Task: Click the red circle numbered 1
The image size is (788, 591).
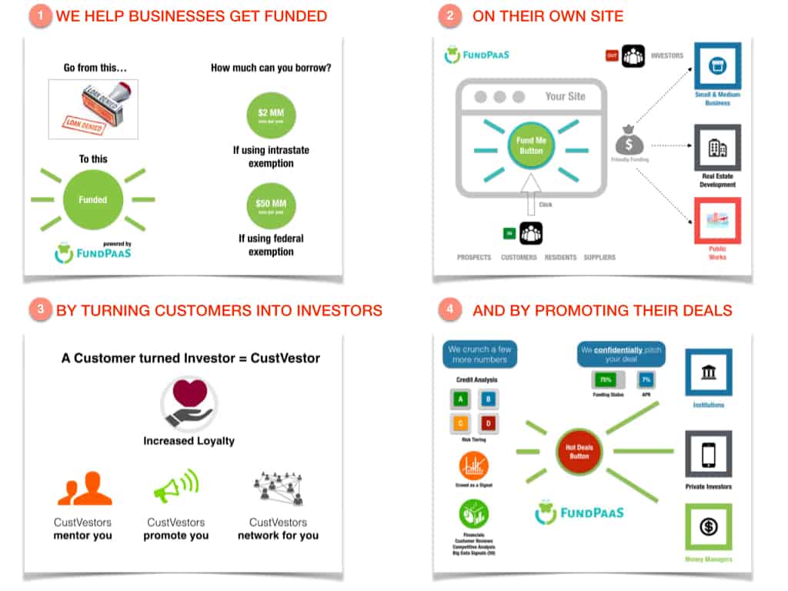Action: [x=40, y=16]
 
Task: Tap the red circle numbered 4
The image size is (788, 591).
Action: [x=450, y=310]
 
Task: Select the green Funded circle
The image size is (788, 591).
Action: [x=92, y=199]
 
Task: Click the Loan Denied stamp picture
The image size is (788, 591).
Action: [x=93, y=110]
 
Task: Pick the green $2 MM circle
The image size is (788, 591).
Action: [x=271, y=115]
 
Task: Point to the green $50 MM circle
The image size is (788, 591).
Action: [x=271, y=205]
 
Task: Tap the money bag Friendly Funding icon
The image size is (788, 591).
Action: [x=629, y=142]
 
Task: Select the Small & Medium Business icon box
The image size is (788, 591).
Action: [x=717, y=67]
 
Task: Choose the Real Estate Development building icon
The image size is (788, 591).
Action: [x=717, y=148]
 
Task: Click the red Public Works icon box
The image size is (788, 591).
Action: [x=717, y=221]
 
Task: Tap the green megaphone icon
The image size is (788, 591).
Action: [x=176, y=486]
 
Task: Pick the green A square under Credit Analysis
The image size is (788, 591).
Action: [x=461, y=399]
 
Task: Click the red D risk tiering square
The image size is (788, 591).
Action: [x=486, y=422]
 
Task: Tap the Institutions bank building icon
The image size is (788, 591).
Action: [x=709, y=372]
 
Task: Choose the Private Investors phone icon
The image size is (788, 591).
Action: [x=709, y=455]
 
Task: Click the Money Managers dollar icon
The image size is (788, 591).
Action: [x=709, y=527]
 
